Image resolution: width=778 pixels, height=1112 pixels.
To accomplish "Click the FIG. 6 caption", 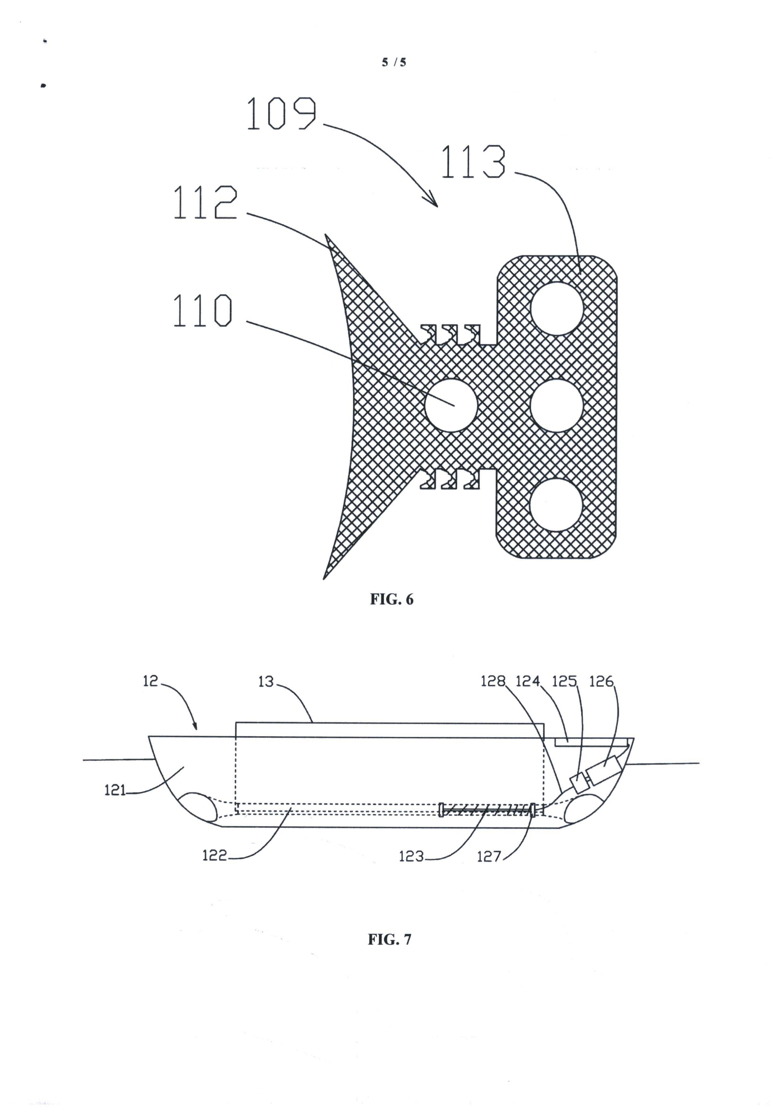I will [392, 600].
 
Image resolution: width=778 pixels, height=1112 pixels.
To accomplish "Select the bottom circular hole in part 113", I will [556, 505].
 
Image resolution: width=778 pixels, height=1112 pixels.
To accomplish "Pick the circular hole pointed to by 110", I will [451, 406].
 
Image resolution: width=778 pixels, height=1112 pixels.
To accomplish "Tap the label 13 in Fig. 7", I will [266, 682].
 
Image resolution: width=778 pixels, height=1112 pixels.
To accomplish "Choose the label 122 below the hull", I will [215, 855].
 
